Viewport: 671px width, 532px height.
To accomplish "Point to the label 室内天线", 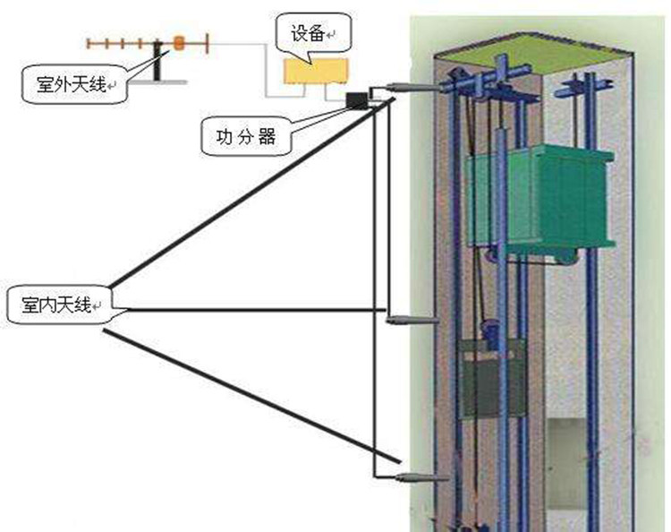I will pos(55,306).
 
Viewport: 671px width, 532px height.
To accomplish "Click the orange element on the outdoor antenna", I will pos(179,42).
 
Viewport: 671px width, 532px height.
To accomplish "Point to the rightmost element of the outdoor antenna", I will pos(209,41).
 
